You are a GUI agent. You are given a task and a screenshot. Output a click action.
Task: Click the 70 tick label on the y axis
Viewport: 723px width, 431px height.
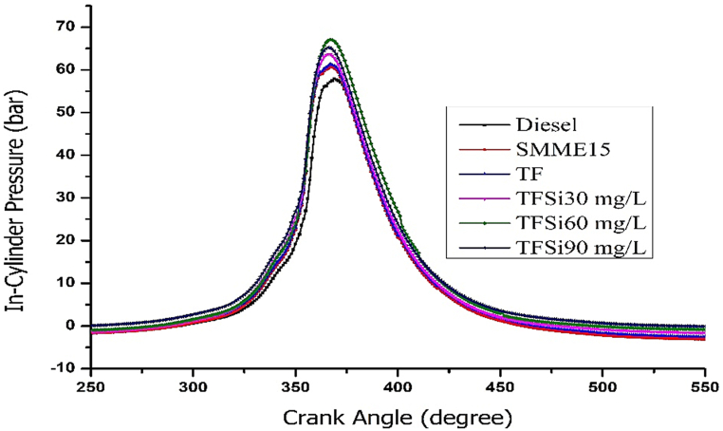[65, 27]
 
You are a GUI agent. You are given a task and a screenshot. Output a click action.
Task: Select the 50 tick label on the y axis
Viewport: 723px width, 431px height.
[65, 112]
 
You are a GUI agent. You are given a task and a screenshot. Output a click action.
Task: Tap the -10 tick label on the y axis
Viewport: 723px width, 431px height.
[62, 368]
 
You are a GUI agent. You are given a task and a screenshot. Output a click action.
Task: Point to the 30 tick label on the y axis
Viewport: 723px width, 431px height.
[65, 197]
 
